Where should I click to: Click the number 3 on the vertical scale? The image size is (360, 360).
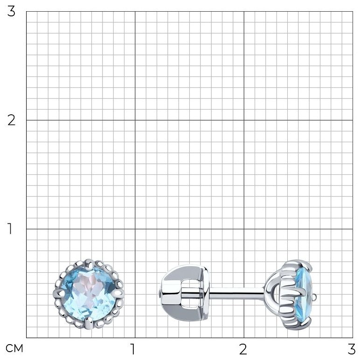pyautogui.click(x=11, y=12)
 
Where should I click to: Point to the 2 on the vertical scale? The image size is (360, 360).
pyautogui.click(x=11, y=120)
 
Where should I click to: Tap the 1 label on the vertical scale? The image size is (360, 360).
pyautogui.click(x=10, y=228)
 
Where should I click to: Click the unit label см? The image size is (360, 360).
pyautogui.click(x=14, y=348)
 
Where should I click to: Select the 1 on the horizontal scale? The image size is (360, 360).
pyautogui.click(x=132, y=349)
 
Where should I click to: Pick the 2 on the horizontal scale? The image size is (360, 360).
pyautogui.click(x=243, y=349)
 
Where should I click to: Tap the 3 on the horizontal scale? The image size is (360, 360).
pyautogui.click(x=352, y=349)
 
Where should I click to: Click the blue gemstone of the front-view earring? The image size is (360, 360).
pyautogui.click(x=89, y=294)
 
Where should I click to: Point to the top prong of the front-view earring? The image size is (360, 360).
pyautogui.click(x=89, y=264)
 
